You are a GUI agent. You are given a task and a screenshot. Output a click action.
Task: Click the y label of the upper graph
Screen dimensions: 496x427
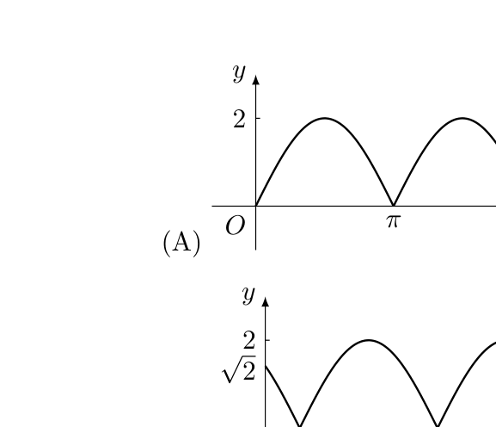pyautogui.click(x=239, y=73)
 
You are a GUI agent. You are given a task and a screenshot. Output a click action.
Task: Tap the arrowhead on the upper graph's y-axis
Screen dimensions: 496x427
pyautogui.click(x=256, y=80)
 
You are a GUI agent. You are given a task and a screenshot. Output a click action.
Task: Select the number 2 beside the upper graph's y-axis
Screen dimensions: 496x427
pyautogui.click(x=239, y=120)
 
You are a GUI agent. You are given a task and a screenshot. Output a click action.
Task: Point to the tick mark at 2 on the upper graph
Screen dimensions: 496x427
pyautogui.click(x=258, y=118)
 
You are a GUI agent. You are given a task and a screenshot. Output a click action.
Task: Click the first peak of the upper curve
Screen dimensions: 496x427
pyautogui.click(x=325, y=118)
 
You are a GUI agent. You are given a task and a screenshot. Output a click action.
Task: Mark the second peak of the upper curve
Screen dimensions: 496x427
pyautogui.click(x=462, y=118)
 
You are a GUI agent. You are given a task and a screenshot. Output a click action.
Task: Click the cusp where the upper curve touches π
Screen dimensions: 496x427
pyautogui.click(x=394, y=205)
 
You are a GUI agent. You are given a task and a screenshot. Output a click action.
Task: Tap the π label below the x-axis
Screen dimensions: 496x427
pyautogui.click(x=394, y=221)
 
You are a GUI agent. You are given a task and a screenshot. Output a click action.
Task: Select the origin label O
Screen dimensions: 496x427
pyautogui.click(x=235, y=226)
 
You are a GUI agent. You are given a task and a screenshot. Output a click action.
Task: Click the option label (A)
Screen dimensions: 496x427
pyautogui.click(x=181, y=243)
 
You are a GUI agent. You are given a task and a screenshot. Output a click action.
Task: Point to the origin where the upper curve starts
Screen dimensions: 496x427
pyautogui.click(x=256, y=206)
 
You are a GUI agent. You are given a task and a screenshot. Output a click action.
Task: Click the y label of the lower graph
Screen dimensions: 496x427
pyautogui.click(x=248, y=295)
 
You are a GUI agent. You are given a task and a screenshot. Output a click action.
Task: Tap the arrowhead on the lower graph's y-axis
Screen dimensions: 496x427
pyautogui.click(x=266, y=302)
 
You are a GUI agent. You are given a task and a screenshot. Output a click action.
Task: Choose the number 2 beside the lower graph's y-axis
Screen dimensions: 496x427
pyautogui.click(x=249, y=340)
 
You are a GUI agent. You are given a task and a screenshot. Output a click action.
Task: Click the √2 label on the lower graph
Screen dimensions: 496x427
pyautogui.click(x=239, y=369)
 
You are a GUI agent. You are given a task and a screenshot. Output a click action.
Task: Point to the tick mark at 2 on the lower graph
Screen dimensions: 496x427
pyautogui.click(x=267, y=340)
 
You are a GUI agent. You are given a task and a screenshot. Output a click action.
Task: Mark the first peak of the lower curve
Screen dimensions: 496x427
pyautogui.click(x=369, y=340)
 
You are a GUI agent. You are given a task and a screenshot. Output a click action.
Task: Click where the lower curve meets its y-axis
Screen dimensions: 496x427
pyautogui.click(x=266, y=366)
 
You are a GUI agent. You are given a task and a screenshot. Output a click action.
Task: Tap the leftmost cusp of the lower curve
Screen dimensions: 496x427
pyautogui.click(x=299, y=426)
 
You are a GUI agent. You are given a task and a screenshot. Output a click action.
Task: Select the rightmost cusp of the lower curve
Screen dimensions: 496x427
pyautogui.click(x=438, y=426)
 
